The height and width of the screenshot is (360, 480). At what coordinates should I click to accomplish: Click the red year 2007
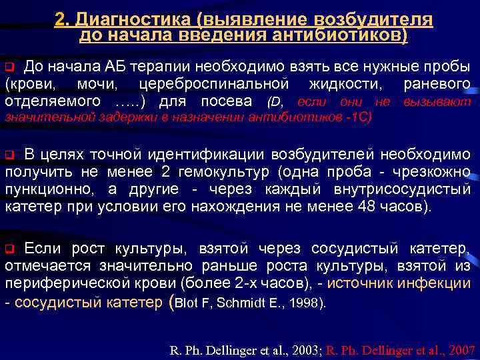pos(460,349)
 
